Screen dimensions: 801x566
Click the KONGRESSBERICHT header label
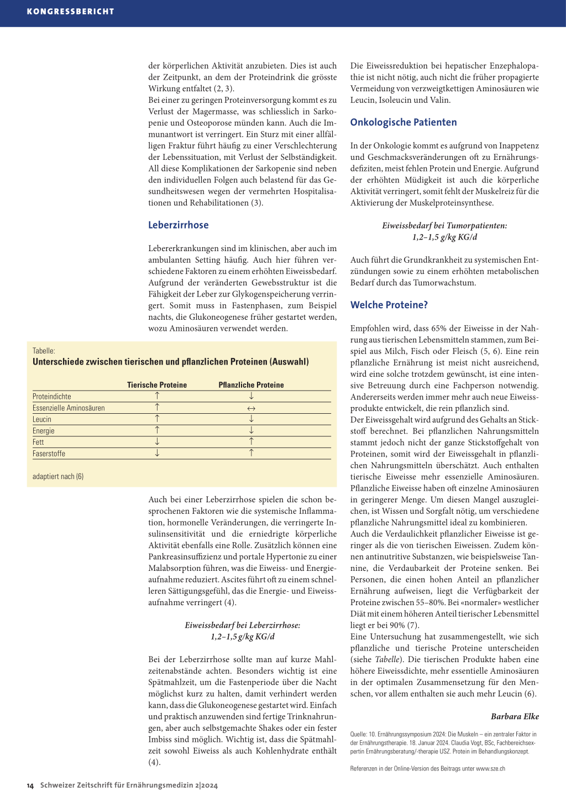(x=70, y=11)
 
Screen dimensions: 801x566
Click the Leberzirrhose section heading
(x=178, y=225)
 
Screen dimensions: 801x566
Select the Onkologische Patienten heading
(x=403, y=122)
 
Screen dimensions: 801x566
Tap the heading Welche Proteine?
(x=389, y=305)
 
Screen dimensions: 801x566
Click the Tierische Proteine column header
(x=157, y=385)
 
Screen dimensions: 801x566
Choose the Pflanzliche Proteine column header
(x=251, y=385)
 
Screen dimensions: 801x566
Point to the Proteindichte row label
(x=52, y=397)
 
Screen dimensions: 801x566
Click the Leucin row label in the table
(x=42, y=419)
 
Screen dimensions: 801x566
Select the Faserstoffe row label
(x=49, y=454)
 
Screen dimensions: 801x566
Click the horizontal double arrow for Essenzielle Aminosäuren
(x=251, y=408)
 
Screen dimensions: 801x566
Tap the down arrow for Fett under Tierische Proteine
(x=157, y=441)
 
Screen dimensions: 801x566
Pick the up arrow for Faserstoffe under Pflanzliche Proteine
(x=251, y=453)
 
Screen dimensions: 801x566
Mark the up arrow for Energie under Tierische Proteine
(x=157, y=430)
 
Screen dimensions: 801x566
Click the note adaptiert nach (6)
(x=58, y=476)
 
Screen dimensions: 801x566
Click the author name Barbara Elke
(x=515, y=716)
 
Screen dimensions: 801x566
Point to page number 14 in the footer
(x=30, y=786)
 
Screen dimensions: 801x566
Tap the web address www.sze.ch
(x=490, y=768)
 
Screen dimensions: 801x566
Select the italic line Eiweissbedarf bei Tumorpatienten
(x=444, y=226)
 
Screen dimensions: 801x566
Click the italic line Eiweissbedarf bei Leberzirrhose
(x=242, y=625)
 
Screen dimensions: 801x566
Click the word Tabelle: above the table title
(x=44, y=351)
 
